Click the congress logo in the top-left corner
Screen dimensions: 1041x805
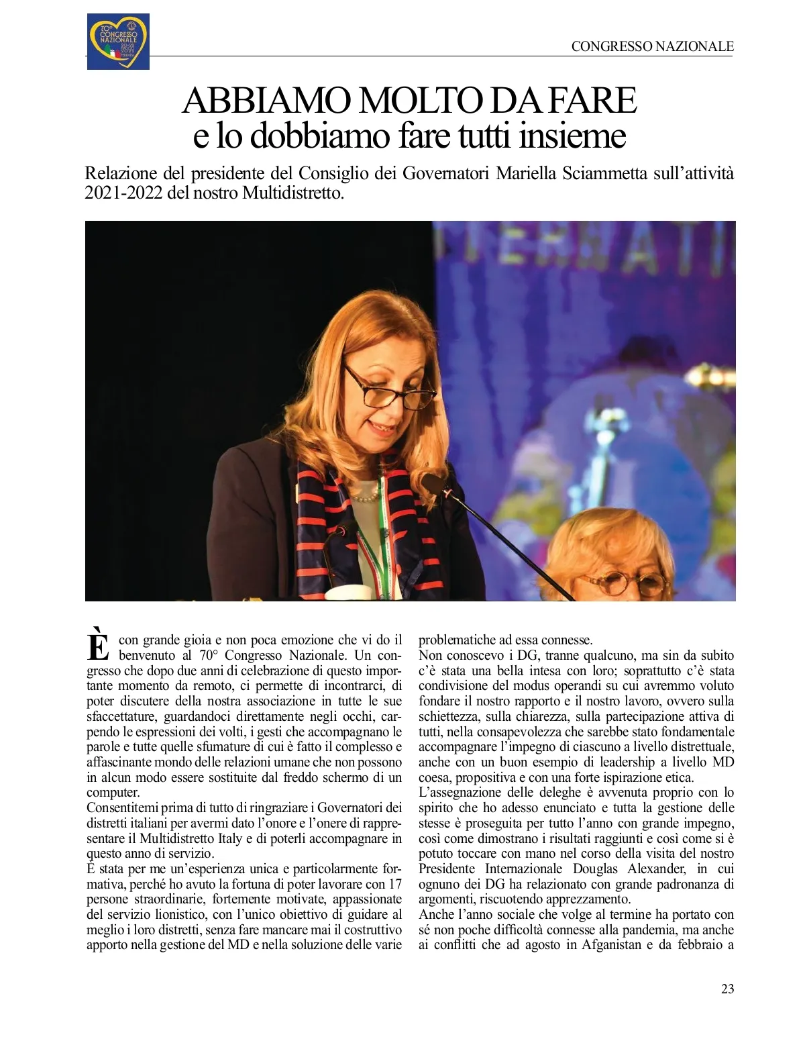[118, 42]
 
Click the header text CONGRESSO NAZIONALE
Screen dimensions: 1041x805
[652, 46]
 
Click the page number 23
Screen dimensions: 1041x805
[727, 989]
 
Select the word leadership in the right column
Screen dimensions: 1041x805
[623, 762]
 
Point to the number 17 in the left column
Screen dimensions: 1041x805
[395, 884]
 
